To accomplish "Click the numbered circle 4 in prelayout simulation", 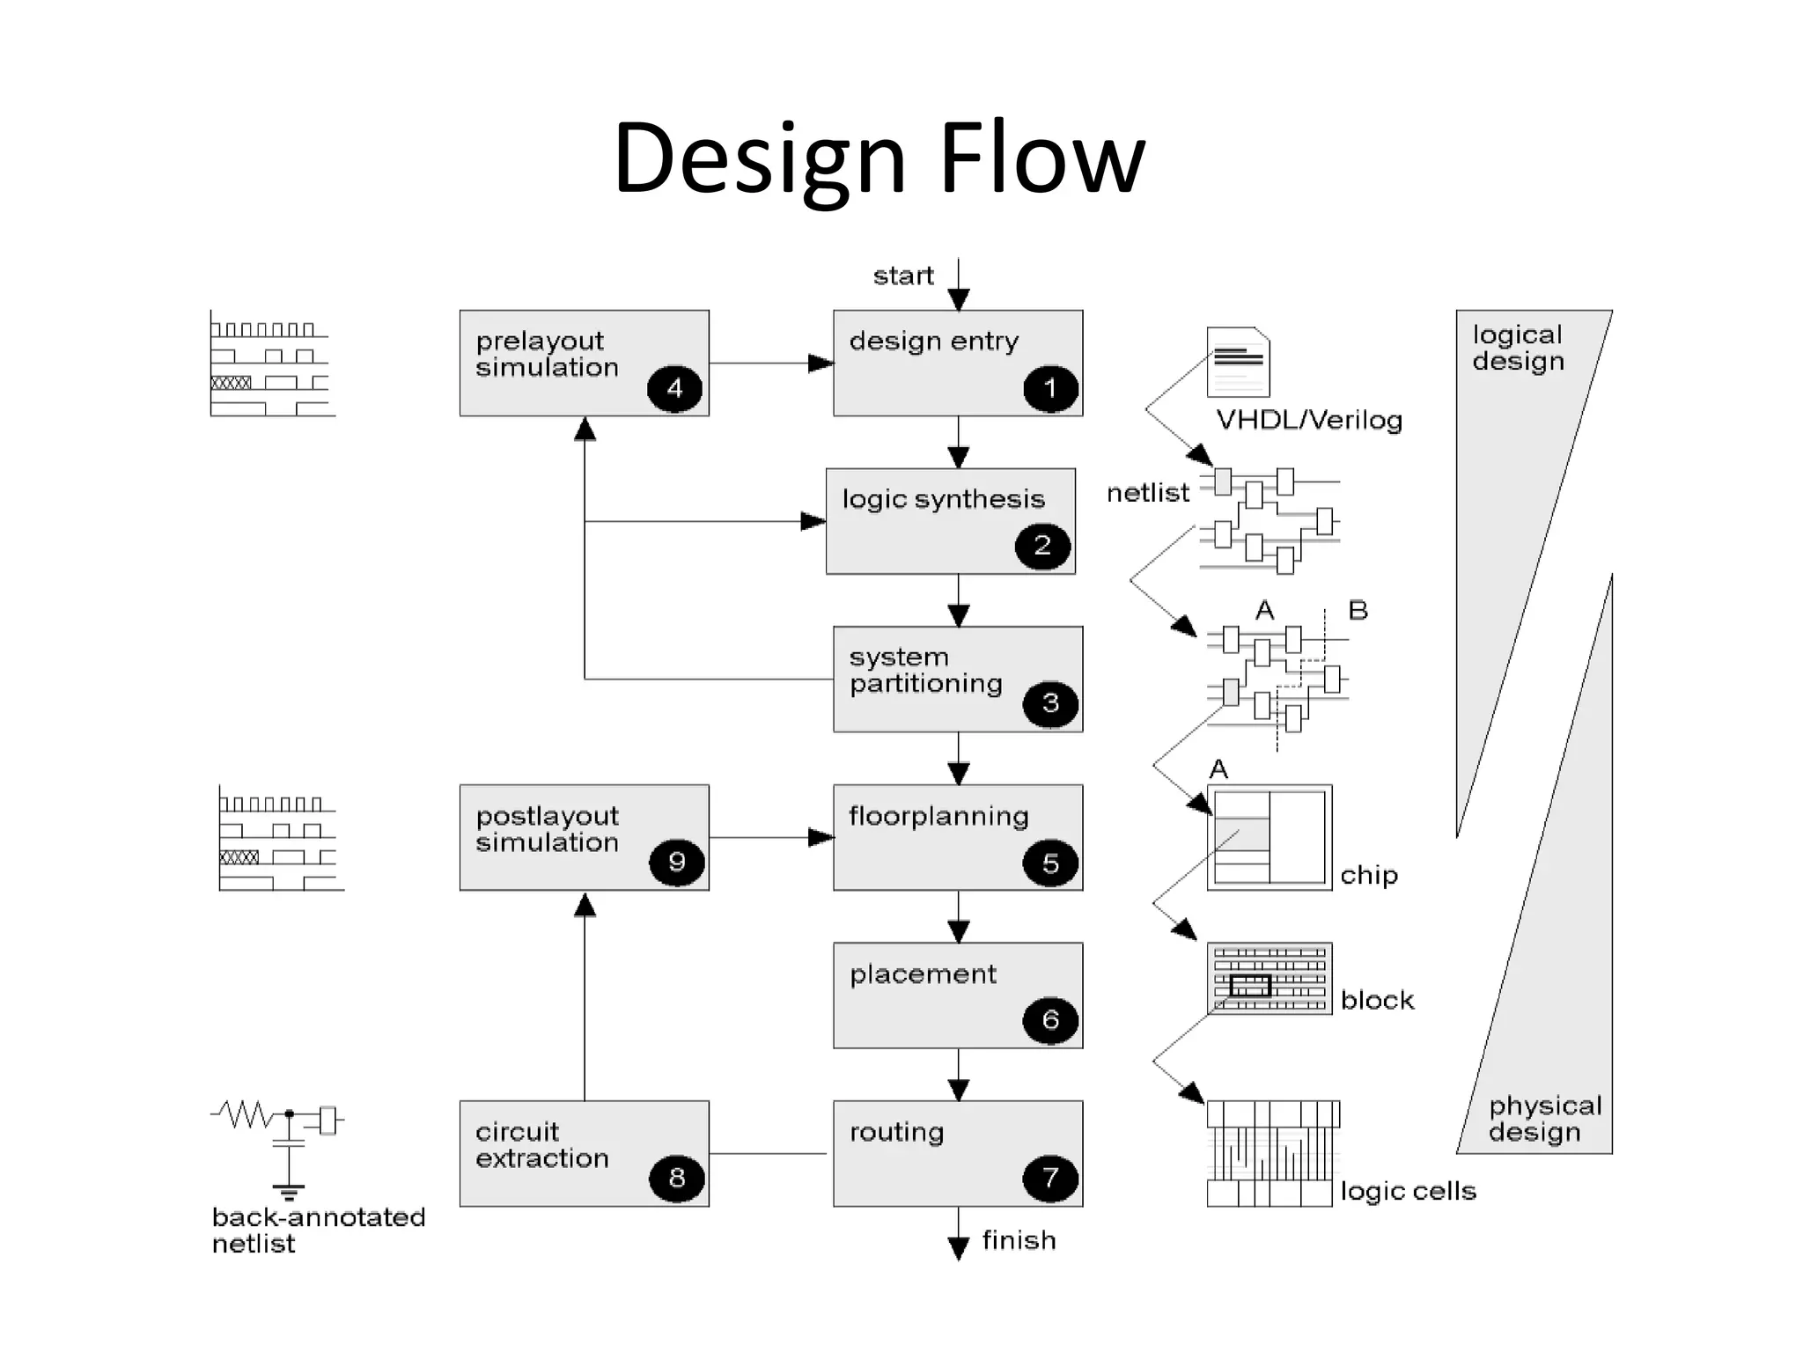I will (674, 389).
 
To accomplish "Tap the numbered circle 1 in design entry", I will (1049, 389).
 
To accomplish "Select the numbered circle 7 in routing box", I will (1049, 1178).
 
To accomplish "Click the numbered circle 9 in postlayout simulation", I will (676, 862).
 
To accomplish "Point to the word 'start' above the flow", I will (902, 276).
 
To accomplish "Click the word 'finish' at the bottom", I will (1019, 1241).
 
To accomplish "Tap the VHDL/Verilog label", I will (1309, 421).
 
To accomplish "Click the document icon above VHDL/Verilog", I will (1238, 362).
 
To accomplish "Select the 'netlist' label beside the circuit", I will (1147, 494).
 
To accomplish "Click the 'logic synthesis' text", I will (943, 500).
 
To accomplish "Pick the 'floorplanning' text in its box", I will (938, 817).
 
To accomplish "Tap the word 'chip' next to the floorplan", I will (1368, 876).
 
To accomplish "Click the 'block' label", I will (1377, 1001).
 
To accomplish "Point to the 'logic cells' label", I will (1408, 1192).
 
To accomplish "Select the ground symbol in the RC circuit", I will (288, 1193).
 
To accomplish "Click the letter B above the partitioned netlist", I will (1358, 610).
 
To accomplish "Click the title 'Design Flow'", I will (879, 158).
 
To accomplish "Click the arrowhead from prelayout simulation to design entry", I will (821, 364).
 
